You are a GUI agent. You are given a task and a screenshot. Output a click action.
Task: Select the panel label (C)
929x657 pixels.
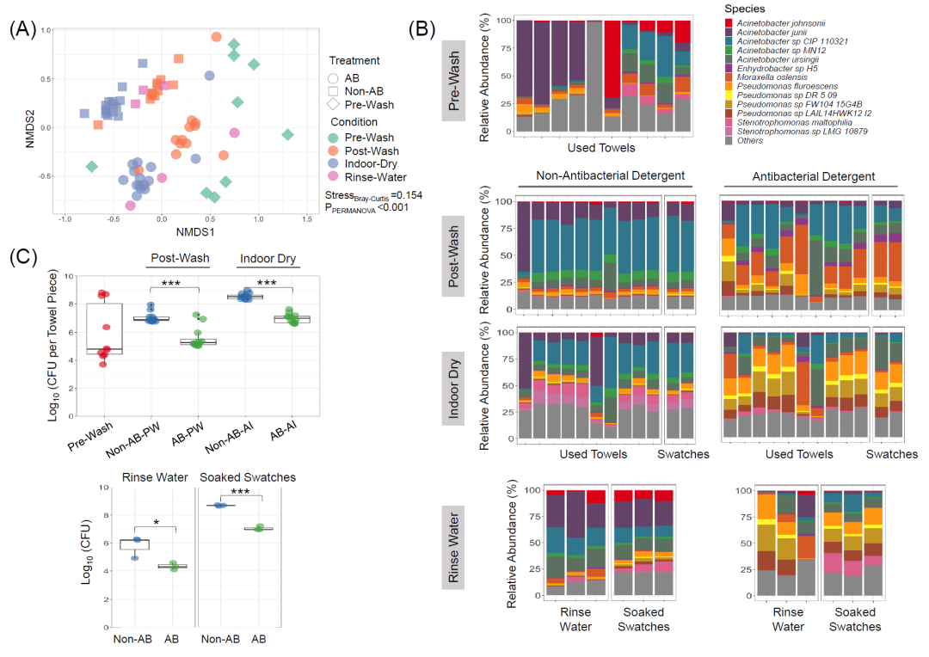point(23,255)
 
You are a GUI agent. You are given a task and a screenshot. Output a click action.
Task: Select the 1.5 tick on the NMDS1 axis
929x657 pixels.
point(307,220)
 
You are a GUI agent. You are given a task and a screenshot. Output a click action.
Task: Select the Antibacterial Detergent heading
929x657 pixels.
point(812,176)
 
